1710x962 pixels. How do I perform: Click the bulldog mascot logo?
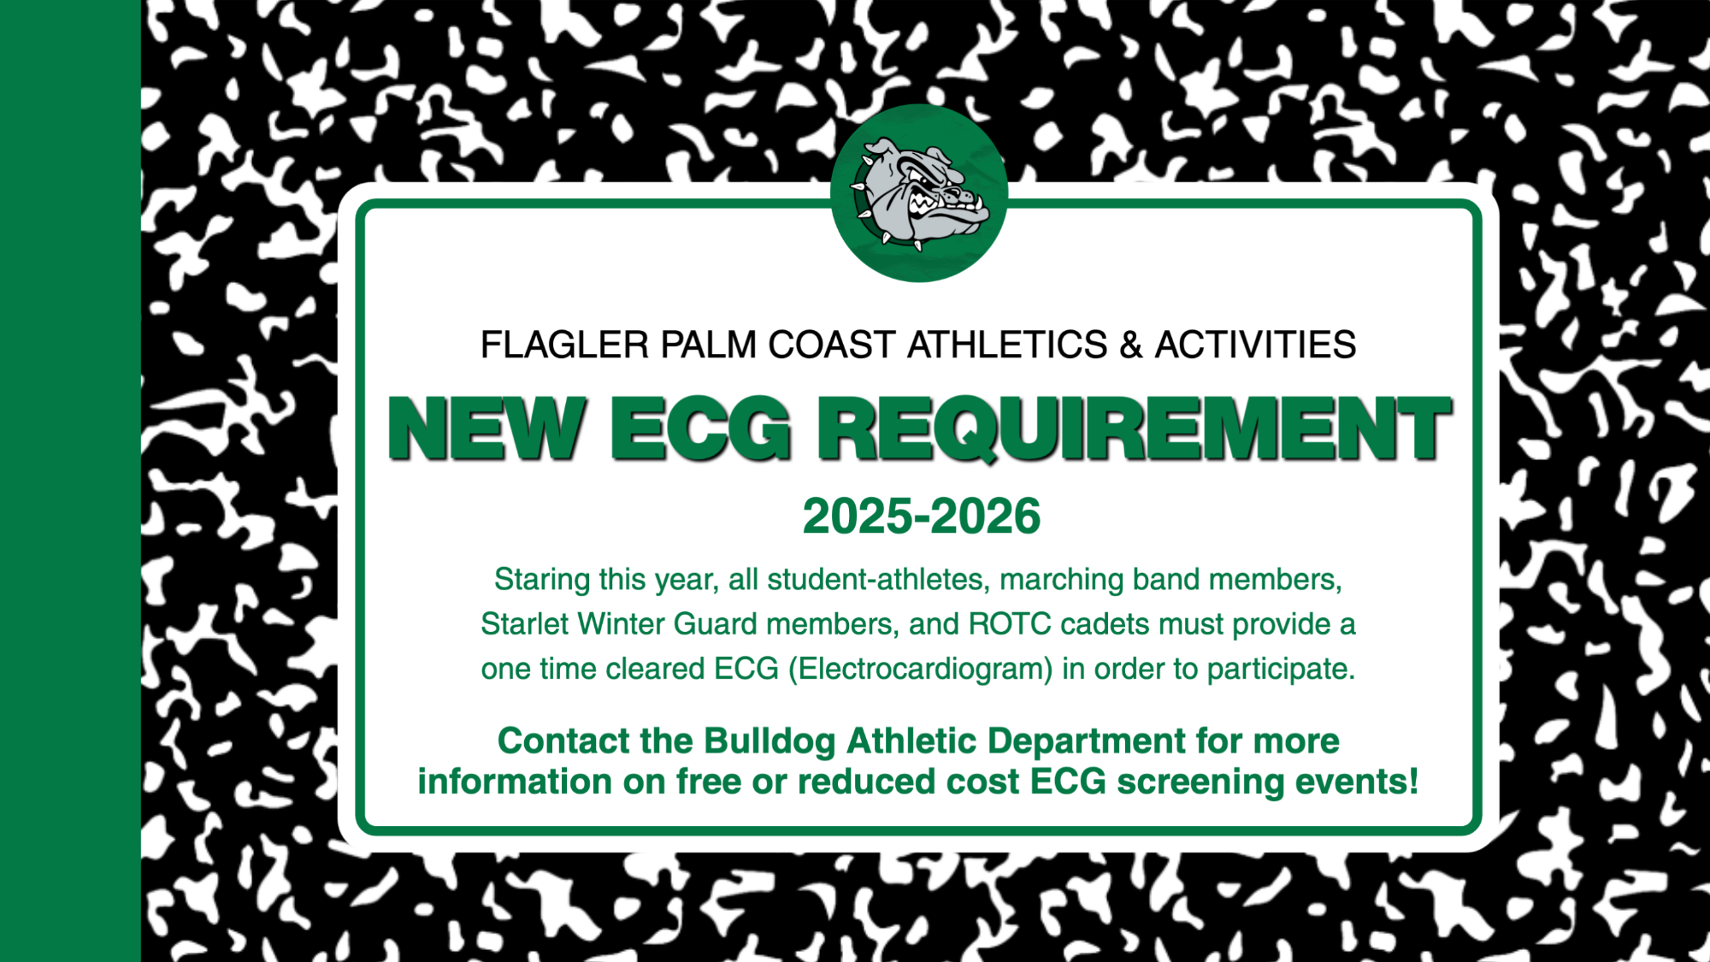click(x=919, y=193)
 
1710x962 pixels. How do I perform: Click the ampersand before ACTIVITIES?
click(x=1131, y=345)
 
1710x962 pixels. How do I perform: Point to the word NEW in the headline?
click(x=487, y=428)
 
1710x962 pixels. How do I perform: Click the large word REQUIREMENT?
click(x=1135, y=430)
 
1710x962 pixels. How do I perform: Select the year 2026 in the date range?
click(x=985, y=516)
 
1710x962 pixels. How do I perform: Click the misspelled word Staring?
click(x=542, y=581)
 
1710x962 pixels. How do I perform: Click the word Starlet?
click(x=524, y=624)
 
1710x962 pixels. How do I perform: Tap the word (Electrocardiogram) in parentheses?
click(x=920, y=669)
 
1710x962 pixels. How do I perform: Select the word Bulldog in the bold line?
click(x=769, y=742)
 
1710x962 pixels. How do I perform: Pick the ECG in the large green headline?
click(x=700, y=428)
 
